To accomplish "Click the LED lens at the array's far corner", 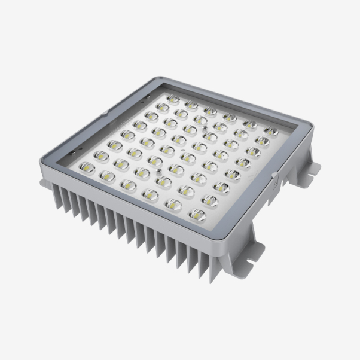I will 173,99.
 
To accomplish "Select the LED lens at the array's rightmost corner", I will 271,130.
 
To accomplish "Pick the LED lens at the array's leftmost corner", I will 86,169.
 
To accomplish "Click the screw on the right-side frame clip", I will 274,175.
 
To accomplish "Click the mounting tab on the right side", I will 309,169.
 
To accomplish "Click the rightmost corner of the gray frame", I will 297,121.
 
